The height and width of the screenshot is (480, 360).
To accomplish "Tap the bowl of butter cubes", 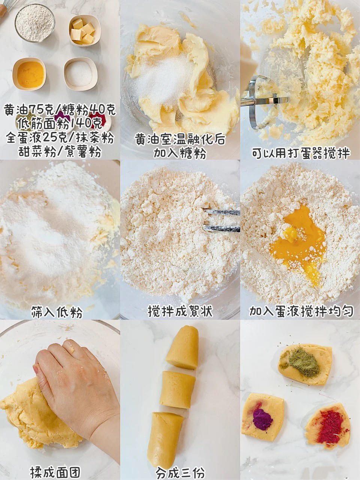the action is (85, 31).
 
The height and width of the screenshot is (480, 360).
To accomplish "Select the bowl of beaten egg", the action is (29, 74).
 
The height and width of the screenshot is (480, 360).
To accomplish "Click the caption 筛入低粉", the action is (57, 312).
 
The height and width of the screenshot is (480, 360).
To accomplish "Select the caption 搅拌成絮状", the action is (180, 311).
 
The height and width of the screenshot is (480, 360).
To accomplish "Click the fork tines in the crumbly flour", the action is (221, 220).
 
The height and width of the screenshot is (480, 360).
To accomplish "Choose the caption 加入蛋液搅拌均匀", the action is (301, 311).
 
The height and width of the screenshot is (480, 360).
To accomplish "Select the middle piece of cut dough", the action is (177, 387).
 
